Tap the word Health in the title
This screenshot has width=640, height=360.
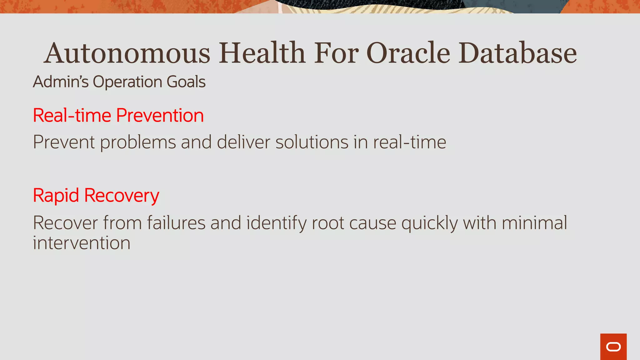[262, 53]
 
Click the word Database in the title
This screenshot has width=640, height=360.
[517, 53]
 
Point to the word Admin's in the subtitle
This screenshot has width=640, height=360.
[61, 82]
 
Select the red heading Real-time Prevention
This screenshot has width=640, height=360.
[118, 115]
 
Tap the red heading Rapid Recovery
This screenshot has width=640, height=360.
[96, 196]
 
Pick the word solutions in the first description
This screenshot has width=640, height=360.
[312, 142]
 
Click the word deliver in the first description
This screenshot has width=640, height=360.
[243, 142]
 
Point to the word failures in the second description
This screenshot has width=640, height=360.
[176, 223]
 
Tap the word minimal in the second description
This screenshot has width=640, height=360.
[534, 223]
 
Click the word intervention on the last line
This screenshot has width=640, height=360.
[82, 243]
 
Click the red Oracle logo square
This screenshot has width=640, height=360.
[613, 347]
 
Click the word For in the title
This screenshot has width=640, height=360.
[336, 53]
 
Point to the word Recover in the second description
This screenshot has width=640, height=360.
[65, 223]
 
